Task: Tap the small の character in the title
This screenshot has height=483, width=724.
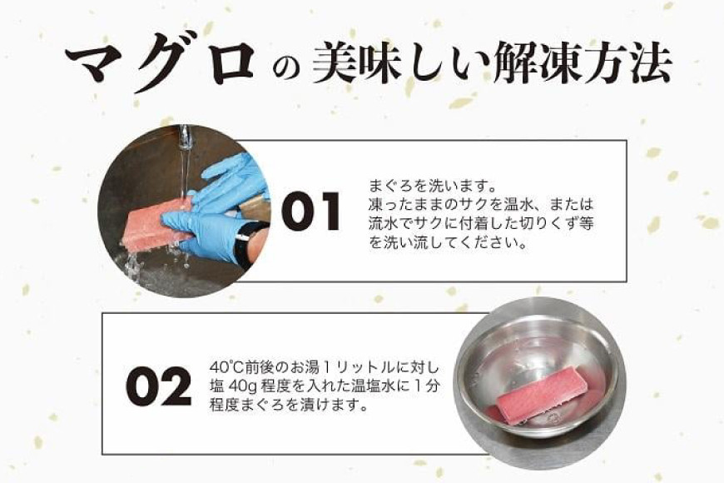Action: pyautogui.click(x=286, y=68)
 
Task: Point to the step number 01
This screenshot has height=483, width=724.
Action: pyautogui.click(x=310, y=212)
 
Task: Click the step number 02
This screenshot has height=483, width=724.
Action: pyautogui.click(x=158, y=386)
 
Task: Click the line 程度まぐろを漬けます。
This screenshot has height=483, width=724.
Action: pyautogui.click(x=289, y=405)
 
